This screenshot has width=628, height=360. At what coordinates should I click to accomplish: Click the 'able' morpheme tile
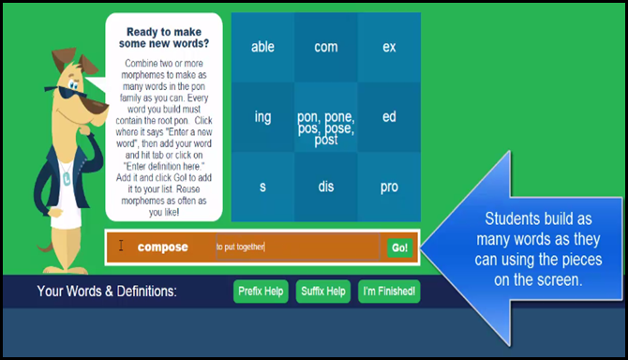tap(262, 47)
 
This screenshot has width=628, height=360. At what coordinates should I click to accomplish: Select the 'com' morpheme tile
tap(326, 47)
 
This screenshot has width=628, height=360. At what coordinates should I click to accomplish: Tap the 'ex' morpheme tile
tap(389, 47)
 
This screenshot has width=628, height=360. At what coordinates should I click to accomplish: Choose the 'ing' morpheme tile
tap(262, 117)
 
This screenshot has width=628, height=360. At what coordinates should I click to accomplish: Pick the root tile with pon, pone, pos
tap(326, 117)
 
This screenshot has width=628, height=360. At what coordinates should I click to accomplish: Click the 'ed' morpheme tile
tap(389, 117)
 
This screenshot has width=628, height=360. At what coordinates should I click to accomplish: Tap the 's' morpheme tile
tap(262, 187)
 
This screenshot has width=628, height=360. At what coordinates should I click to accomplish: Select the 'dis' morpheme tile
tap(326, 187)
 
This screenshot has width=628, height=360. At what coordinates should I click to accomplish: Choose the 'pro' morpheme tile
tap(389, 187)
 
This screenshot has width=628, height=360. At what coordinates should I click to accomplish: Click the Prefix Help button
tap(261, 292)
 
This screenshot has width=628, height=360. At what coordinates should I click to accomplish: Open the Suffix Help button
tap(323, 292)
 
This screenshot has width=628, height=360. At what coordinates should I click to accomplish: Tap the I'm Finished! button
tap(389, 292)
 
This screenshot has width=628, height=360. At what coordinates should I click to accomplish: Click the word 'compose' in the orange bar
tap(162, 247)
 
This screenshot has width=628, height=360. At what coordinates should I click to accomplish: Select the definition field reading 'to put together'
tap(298, 247)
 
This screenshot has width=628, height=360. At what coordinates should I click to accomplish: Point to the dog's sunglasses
tap(67, 92)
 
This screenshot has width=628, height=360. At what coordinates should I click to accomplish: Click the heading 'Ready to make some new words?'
tap(164, 37)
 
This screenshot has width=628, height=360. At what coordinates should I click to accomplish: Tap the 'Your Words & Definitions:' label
tap(107, 292)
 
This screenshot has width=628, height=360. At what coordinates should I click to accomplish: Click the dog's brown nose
tap(99, 106)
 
